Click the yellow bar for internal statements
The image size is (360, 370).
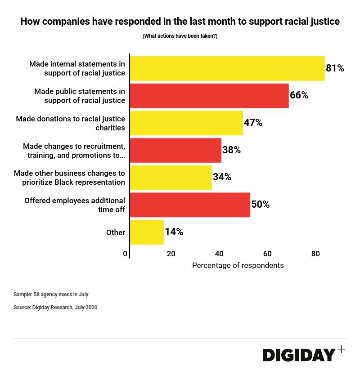tap(227, 68)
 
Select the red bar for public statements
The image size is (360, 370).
tap(209, 95)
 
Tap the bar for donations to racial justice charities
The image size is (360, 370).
tap(186, 123)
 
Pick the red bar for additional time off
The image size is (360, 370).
tap(190, 205)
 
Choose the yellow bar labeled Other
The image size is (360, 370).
tap(147, 232)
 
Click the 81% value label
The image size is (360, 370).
tap(335, 68)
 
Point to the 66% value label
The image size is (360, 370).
tap(299, 95)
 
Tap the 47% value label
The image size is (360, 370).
tap(253, 123)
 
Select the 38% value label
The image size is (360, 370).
tap(231, 150)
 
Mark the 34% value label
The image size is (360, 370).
tap(222, 177)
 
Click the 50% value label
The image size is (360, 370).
tap(260, 205)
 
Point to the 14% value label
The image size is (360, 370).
tap(174, 232)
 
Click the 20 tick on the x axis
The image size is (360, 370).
tap(171, 254)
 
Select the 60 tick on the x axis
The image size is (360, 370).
tap(267, 254)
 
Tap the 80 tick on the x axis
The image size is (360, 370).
tap(315, 254)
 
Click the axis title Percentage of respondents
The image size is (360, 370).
tap(238, 265)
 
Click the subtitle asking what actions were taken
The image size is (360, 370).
tap(180, 36)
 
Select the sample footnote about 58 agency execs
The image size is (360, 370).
tap(51, 294)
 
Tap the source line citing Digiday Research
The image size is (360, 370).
tap(55, 308)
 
